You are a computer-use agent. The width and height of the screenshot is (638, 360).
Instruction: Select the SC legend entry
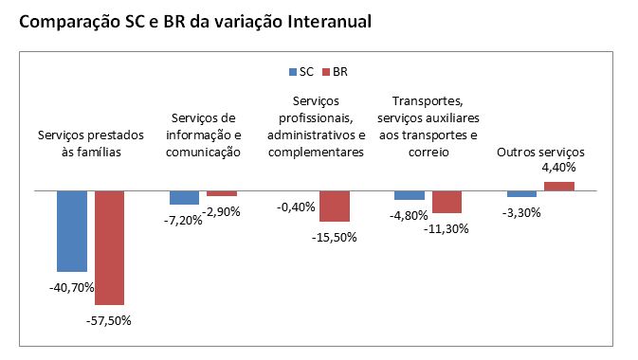(x=301, y=71)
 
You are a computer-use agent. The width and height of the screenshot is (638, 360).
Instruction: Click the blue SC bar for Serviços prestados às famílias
(x=72, y=231)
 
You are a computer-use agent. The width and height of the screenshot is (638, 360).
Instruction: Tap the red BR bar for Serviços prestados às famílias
(x=109, y=247)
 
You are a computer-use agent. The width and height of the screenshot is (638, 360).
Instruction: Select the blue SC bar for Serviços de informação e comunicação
(x=184, y=197)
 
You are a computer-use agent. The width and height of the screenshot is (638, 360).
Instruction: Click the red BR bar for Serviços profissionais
(x=335, y=206)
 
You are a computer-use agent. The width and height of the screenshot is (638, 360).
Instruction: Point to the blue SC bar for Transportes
(x=409, y=195)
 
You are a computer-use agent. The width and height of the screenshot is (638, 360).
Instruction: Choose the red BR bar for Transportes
(x=447, y=202)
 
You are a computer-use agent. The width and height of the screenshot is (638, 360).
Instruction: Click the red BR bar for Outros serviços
(x=558, y=186)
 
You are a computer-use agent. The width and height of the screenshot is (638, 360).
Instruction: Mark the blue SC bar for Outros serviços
(x=521, y=193)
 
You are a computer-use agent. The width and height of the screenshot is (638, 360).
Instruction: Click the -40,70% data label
(x=70, y=285)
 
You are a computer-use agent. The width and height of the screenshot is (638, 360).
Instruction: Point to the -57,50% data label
(x=108, y=319)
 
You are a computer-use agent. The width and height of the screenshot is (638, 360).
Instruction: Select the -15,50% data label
(x=334, y=237)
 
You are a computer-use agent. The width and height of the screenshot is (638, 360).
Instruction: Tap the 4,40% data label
(x=558, y=169)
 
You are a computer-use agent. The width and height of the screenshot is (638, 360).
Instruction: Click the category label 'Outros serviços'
(x=541, y=152)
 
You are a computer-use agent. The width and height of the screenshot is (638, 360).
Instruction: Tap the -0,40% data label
(x=295, y=207)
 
